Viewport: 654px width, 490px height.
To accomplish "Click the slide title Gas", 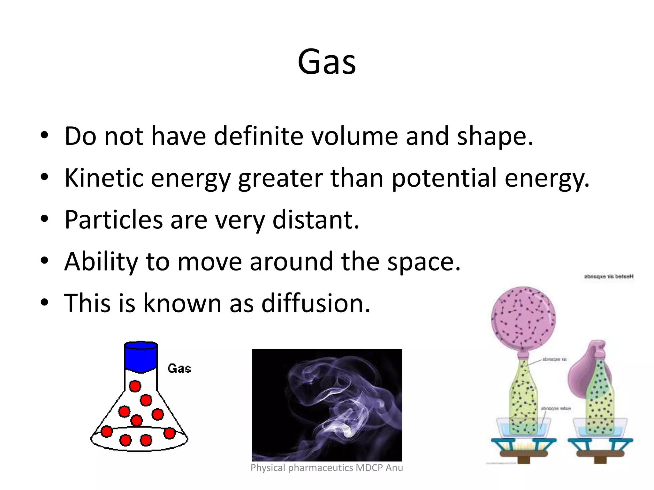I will [x=327, y=62].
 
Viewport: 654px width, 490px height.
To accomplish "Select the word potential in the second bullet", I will [x=444, y=178].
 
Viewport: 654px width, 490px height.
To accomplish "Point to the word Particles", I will [x=114, y=220].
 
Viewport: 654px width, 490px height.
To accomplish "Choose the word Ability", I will [x=101, y=262].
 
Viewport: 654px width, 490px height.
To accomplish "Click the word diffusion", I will [x=316, y=303].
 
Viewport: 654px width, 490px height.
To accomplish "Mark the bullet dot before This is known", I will [x=44, y=302].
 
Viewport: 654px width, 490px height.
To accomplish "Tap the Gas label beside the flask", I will [x=179, y=369].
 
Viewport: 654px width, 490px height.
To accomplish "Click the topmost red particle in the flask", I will [x=135, y=386].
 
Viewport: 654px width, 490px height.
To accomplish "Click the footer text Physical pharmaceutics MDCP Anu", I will [x=327, y=468].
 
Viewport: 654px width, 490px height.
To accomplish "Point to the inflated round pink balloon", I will [x=523, y=318].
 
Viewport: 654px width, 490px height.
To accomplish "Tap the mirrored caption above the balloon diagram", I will [x=608, y=277].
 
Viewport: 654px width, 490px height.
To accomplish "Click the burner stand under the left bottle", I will [x=523, y=448].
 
